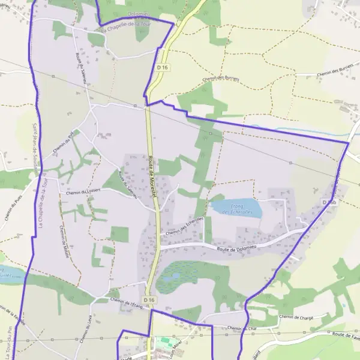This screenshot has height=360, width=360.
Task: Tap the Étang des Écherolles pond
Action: click(236, 208)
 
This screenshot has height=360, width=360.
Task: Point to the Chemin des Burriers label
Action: click(221, 79)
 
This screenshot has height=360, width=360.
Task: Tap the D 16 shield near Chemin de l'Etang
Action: click(149, 299)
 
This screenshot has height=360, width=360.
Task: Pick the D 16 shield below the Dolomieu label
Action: click(162, 68)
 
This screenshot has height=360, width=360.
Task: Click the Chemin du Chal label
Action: click(242, 328)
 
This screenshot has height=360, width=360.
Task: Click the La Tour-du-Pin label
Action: click(7, 342)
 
